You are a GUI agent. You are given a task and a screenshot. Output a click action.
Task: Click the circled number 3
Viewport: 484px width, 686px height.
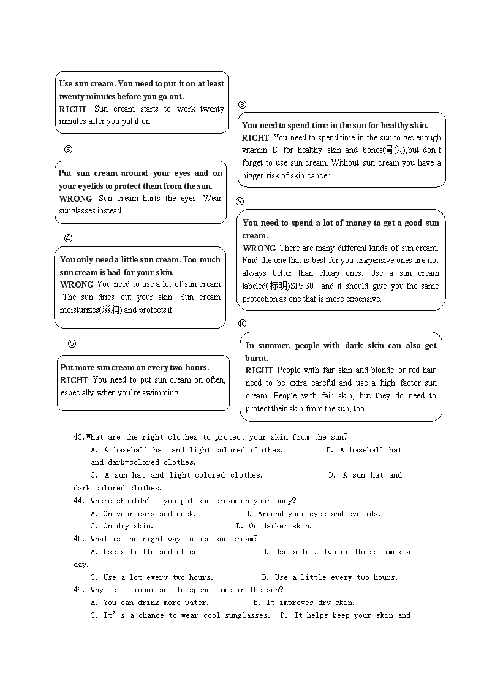tap(69, 150)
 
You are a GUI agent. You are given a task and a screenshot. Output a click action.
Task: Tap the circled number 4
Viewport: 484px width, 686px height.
tap(69, 238)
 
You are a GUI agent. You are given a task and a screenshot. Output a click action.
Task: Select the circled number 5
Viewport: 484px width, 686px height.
tap(72, 344)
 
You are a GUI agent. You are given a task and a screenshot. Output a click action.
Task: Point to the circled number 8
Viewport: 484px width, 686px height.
tap(242, 105)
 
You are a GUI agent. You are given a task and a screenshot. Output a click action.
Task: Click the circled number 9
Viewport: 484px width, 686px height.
tap(240, 201)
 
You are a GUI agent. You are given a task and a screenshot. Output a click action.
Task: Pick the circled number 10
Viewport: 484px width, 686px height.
tap(242, 323)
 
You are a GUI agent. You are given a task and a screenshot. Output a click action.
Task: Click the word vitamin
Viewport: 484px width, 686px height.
tap(254, 150)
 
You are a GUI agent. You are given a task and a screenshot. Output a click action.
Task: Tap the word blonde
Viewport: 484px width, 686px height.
tap(382, 370)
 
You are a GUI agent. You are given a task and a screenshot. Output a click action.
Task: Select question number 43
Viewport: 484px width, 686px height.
tap(79, 438)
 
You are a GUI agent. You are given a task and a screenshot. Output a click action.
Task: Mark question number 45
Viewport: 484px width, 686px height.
tap(79, 539)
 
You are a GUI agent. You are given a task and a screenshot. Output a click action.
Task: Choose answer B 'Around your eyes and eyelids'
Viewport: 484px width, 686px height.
tap(312, 514)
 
